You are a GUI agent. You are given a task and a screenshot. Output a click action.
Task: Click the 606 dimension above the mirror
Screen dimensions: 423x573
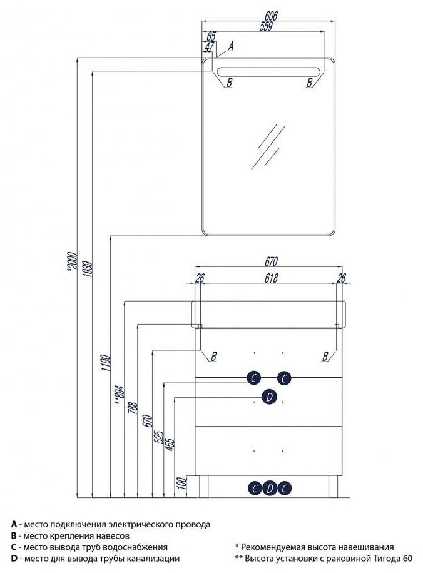[270, 15]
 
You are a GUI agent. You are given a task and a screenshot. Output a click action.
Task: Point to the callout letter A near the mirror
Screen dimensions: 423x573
[230, 46]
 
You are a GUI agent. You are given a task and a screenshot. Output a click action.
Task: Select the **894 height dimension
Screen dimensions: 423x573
[119, 392]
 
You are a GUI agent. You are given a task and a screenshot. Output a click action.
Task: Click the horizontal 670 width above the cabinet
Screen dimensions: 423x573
[270, 261]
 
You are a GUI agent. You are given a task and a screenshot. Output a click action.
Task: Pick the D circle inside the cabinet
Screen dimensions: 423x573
[269, 396]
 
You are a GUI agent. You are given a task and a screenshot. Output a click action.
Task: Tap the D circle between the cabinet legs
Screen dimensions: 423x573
[269, 488]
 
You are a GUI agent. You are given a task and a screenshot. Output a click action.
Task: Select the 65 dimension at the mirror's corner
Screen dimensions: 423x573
[211, 36]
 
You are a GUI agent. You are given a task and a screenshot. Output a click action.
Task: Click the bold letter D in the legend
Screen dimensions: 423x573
[14, 559]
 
